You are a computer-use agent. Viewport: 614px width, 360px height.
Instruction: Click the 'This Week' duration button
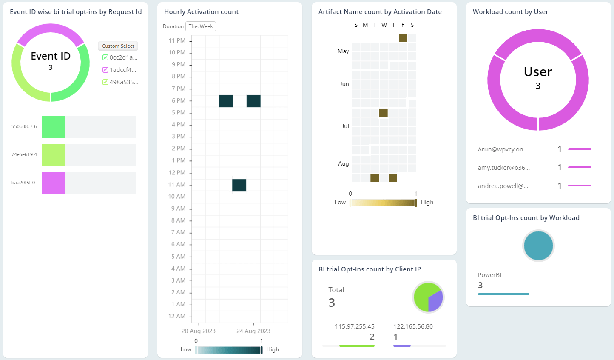tap(201, 26)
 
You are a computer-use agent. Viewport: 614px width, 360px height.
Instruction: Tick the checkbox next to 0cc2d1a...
tap(105, 57)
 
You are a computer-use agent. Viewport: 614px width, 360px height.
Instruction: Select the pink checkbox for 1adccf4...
tap(105, 70)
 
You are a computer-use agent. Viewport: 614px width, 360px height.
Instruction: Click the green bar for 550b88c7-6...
tap(54, 127)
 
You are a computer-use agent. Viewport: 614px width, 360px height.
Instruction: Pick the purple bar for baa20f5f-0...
tap(54, 183)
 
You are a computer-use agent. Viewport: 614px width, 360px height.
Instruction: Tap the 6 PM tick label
tap(179, 101)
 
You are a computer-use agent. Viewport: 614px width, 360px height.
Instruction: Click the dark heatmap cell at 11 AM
tap(239, 185)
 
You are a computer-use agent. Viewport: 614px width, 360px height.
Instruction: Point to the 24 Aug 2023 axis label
tap(253, 331)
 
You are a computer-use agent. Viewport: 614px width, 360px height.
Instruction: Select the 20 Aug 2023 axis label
tap(199, 331)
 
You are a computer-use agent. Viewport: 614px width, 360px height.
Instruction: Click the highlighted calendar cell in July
tap(383, 113)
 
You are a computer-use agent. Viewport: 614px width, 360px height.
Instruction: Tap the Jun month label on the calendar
tap(344, 84)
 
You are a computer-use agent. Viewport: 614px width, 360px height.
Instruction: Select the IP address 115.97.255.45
tap(355, 326)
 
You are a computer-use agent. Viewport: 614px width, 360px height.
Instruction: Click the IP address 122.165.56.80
tap(413, 326)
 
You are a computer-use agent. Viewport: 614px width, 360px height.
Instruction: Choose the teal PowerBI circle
tap(538, 246)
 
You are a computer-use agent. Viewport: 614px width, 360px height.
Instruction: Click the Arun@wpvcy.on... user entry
tap(503, 149)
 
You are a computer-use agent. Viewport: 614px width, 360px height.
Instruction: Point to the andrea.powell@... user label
tap(503, 186)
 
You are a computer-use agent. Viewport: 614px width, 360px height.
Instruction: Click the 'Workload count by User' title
tap(510, 12)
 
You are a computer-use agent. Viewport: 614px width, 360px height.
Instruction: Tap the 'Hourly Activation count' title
tap(201, 12)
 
